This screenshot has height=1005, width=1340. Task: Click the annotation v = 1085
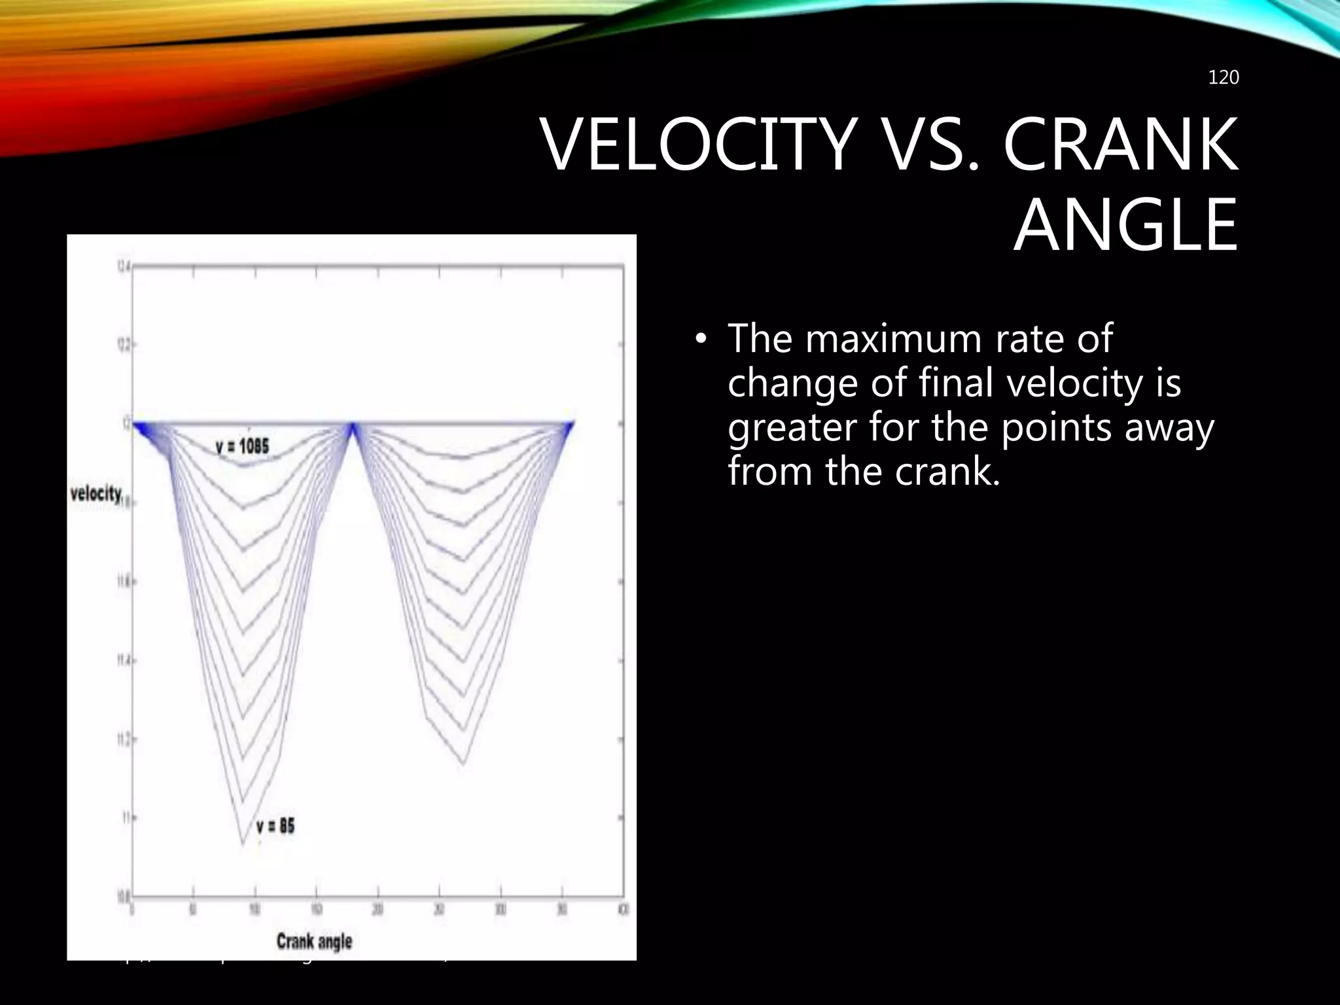pos(242,447)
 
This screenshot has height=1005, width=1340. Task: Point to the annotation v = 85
pos(275,826)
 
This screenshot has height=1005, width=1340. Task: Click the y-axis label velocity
pos(96,493)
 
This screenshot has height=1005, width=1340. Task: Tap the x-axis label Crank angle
pos(314,942)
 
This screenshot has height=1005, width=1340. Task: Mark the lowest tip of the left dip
pos(243,845)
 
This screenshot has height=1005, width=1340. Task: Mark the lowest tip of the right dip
pos(463,764)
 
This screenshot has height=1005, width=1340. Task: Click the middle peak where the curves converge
pos(353,426)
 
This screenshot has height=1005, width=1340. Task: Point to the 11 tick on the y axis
pos(126,818)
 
